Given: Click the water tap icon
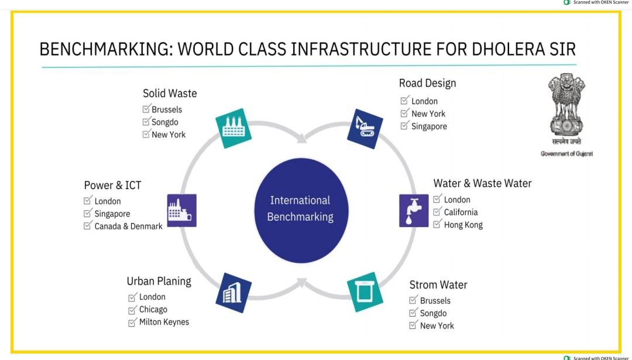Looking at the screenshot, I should [414, 211].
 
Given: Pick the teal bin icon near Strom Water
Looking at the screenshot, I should [365, 292].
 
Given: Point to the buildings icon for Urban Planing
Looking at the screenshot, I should [233, 292].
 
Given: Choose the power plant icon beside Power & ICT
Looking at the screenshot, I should [181, 211].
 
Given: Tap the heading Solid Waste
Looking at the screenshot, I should [170, 94].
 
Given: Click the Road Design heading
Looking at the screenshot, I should [427, 84].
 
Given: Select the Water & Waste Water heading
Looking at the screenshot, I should [482, 184].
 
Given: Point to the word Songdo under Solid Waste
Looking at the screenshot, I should [165, 122].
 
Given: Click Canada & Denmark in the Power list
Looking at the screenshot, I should [128, 227].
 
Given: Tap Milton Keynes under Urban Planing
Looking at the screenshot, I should [164, 322].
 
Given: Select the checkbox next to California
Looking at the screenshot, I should [437, 212].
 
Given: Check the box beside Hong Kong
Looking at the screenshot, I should [437, 224].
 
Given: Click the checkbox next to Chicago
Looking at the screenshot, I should [132, 309].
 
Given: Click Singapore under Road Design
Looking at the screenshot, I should [429, 126].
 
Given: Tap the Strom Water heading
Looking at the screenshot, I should [438, 285].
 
